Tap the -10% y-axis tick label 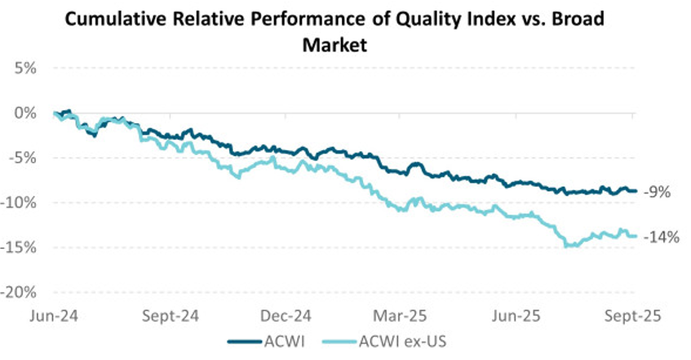tap(20, 203)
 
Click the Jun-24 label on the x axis tap(54, 314)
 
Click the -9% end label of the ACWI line tap(657, 193)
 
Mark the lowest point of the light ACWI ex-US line tap(565, 246)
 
